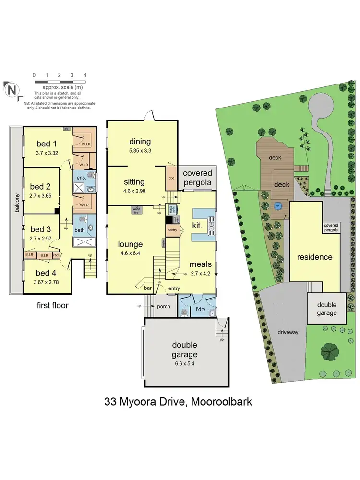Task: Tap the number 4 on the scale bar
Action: [x=84, y=75]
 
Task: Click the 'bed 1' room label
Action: [x=47, y=143]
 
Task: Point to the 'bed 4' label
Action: [x=47, y=272]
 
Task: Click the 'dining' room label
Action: [x=140, y=141]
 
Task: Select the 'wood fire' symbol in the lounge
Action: [x=137, y=210]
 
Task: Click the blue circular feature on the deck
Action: [x=277, y=206]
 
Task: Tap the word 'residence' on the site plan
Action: [x=314, y=257]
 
